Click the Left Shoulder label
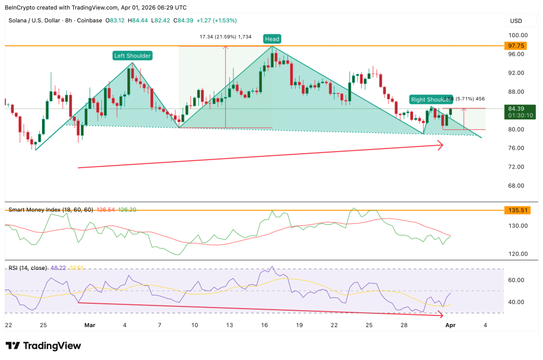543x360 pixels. click(132, 55)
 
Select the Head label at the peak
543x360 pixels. click(272, 39)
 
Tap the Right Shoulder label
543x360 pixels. click(430, 99)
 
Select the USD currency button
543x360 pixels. click(516, 21)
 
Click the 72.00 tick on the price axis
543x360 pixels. click(517, 167)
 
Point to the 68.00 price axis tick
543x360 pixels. click(517, 186)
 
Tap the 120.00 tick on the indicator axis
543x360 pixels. click(517, 254)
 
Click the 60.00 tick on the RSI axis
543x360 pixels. click(517, 280)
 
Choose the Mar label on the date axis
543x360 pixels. click(89, 324)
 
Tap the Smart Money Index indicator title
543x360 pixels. click(50, 209)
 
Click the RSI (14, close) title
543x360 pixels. click(27, 268)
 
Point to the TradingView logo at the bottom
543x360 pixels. click(43, 346)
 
